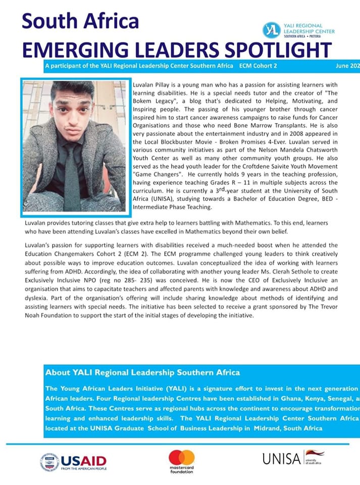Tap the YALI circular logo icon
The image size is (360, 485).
pyautogui.click(x=271, y=30)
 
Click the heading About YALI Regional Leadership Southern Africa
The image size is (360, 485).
pyautogui.click(x=142, y=373)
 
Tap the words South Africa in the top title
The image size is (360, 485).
pyautogui.click(x=80, y=21)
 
